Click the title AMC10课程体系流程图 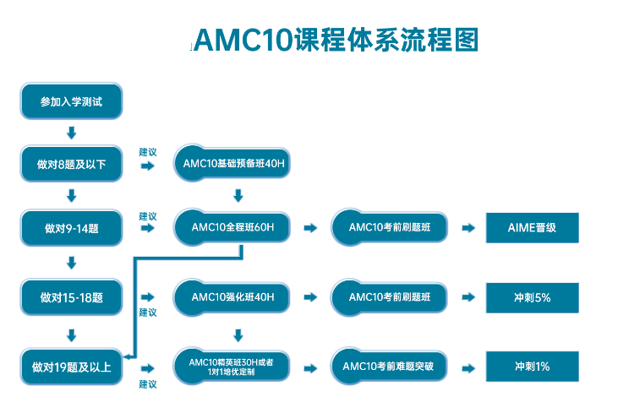click(x=336, y=40)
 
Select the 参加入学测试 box click(x=71, y=101)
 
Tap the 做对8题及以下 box click(x=71, y=164)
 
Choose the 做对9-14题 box click(x=71, y=227)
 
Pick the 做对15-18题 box click(x=71, y=297)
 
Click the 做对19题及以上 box click(x=71, y=367)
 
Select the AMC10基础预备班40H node click(x=232, y=164)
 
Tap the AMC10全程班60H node click(x=232, y=227)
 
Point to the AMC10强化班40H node click(x=232, y=297)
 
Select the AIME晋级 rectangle click(x=532, y=227)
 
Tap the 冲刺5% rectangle click(x=532, y=297)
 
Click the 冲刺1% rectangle click(x=532, y=367)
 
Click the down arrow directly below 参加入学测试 click(x=71, y=133)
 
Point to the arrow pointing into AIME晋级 click(x=468, y=228)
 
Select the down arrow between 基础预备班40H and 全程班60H click(x=238, y=196)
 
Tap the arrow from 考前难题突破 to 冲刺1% click(x=468, y=367)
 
